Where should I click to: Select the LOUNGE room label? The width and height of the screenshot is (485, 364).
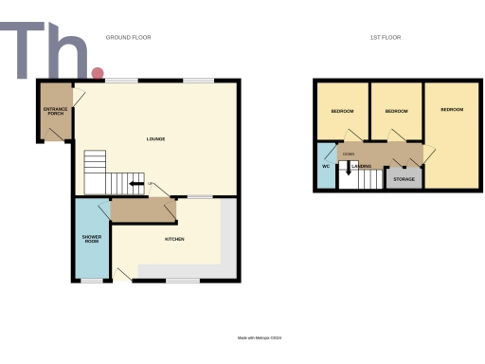(156, 139)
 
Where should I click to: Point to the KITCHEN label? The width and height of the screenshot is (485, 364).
(175, 239)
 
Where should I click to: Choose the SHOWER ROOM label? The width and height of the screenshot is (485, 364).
(91, 238)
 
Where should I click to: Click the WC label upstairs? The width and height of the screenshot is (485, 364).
(325, 167)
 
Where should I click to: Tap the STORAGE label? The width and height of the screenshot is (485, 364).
(404, 178)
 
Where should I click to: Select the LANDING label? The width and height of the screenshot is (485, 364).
(361, 167)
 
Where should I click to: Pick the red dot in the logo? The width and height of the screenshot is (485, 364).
(97, 73)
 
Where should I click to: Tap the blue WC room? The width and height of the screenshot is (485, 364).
(325, 175)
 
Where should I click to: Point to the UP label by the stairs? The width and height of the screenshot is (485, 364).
(150, 184)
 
